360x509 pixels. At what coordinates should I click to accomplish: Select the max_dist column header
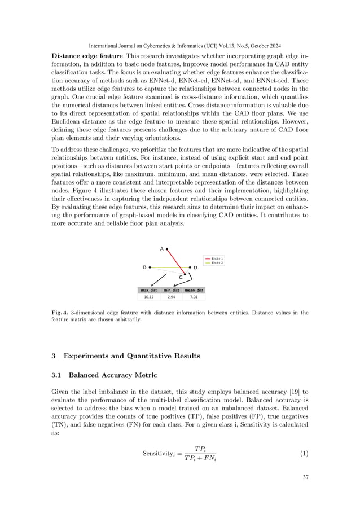pyautogui.click(x=149, y=290)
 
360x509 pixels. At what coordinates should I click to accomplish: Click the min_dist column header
pyautogui.click(x=171, y=290)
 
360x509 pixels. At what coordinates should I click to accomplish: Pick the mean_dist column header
pyautogui.click(x=194, y=290)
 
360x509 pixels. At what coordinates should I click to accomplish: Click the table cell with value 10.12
pyautogui.click(x=149, y=296)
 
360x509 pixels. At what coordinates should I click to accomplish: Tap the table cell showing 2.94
pyautogui.click(x=171, y=296)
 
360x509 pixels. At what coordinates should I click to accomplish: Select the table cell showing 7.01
pyautogui.click(x=194, y=296)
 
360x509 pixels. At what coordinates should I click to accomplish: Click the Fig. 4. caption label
pyautogui.click(x=60, y=312)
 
